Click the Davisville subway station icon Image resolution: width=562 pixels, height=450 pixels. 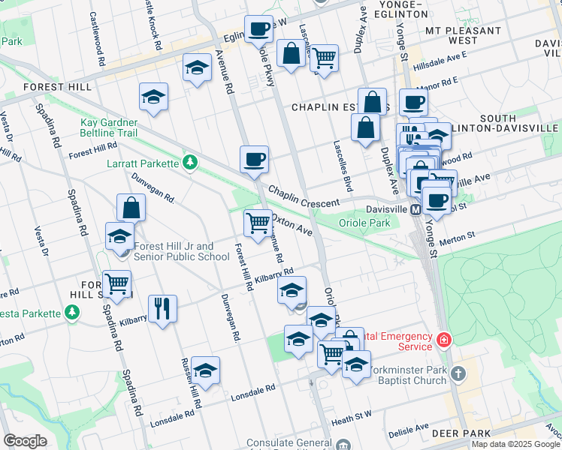(415, 210)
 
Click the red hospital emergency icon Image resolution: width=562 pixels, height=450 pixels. (444, 341)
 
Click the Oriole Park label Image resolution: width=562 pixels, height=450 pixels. (364, 223)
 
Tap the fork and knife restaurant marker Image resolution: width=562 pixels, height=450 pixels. (162, 308)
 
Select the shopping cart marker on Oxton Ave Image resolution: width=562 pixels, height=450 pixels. (258, 223)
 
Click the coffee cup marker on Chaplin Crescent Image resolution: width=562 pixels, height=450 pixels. (254, 160)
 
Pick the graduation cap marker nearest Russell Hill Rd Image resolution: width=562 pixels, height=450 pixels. (205, 370)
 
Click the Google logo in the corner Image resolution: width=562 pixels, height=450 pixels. (25, 441)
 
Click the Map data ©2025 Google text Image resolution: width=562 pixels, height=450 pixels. (515, 444)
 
